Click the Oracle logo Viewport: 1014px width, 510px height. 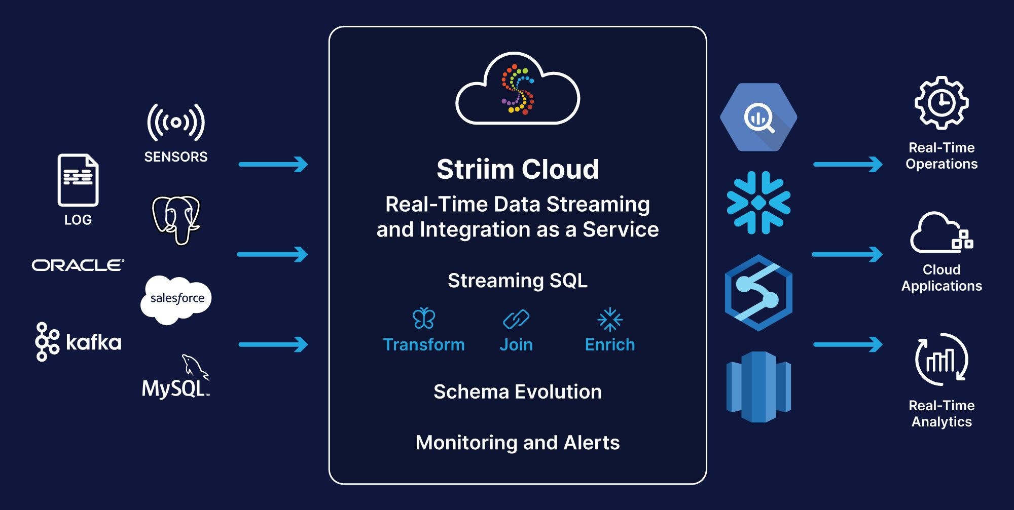(78, 265)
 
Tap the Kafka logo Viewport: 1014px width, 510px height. (78, 342)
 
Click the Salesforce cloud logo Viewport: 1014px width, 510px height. (176, 300)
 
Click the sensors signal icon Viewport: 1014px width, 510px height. (176, 123)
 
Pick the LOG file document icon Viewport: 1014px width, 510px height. (78, 180)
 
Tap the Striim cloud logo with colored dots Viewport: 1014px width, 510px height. (518, 89)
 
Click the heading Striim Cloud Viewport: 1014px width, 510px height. (518, 169)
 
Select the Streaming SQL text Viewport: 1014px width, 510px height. (518, 281)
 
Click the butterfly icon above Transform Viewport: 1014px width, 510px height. (424, 319)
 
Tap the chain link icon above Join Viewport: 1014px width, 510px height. (516, 319)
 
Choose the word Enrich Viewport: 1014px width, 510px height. (610, 345)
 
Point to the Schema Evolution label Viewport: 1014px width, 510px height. (518, 392)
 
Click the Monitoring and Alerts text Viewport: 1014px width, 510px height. (518, 443)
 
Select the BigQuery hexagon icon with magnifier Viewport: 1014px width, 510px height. (758, 117)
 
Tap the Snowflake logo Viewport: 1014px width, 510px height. (758, 203)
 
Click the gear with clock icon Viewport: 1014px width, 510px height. (941, 103)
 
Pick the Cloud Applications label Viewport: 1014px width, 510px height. (941, 278)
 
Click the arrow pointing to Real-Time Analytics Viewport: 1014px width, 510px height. (848, 344)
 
